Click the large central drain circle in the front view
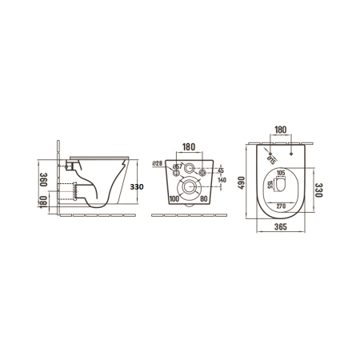(190, 190)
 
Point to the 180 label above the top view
(280, 130)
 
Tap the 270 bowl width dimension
(281, 206)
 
